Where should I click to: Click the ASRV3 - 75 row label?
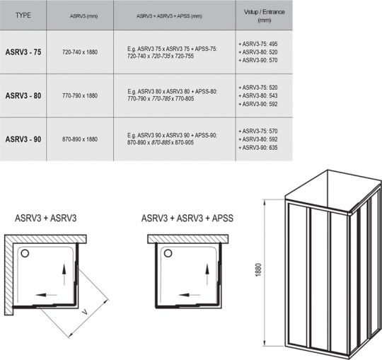pos(25,53)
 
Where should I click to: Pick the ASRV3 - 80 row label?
pos(25,95)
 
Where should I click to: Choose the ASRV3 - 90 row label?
pos(25,139)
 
